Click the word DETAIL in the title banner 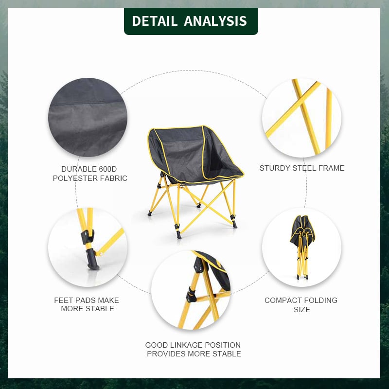click(x=155, y=21)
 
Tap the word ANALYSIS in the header click(x=215, y=21)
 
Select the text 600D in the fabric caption click(x=107, y=169)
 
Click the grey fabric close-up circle click(x=88, y=117)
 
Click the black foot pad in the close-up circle click(x=92, y=260)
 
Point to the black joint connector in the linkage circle click(x=191, y=295)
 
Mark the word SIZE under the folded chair click(x=302, y=309)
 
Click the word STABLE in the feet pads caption click(x=102, y=309)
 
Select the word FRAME click(x=332, y=168)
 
